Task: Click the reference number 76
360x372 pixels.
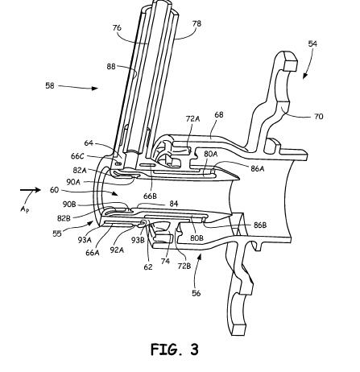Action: coord(117,28)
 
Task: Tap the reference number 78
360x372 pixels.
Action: coord(197,23)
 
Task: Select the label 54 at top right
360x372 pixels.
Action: coord(312,43)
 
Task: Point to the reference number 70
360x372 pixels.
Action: coord(319,117)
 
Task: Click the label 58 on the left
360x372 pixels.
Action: coord(50,86)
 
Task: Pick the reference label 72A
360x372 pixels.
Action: coord(193,118)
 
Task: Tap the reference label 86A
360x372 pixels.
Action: coord(258,168)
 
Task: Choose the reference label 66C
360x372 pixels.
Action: coord(78,156)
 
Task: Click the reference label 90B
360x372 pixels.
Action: coord(69,205)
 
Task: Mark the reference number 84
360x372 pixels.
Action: coord(174,204)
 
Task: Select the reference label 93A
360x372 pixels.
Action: coord(85,240)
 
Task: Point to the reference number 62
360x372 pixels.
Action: coord(148,267)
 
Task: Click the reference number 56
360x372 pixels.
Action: coord(197,293)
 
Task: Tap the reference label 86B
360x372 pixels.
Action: coord(260,225)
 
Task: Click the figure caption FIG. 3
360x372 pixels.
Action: coord(175,349)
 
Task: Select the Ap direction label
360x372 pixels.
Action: coord(25,209)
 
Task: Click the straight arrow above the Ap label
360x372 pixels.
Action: coord(31,190)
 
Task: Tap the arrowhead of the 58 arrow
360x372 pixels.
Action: coord(95,88)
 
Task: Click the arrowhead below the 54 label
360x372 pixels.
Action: coord(305,76)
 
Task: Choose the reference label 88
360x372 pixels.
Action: coord(111,66)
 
